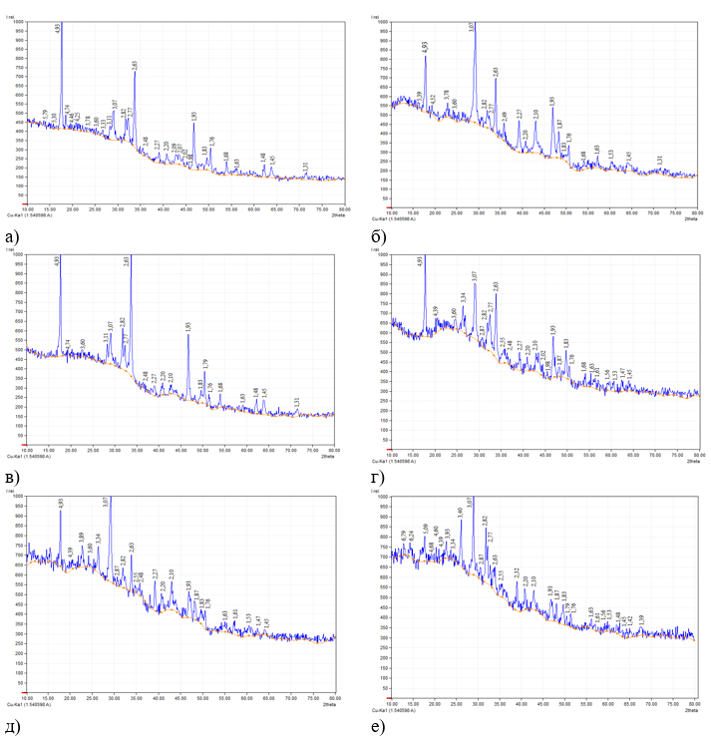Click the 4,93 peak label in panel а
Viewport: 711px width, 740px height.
click(59, 30)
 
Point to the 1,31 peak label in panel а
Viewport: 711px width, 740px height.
click(305, 167)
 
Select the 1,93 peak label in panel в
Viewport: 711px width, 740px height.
click(187, 326)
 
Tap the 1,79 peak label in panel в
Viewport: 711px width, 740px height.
click(204, 363)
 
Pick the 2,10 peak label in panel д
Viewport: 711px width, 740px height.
click(172, 574)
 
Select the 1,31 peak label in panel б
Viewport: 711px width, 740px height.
click(660, 160)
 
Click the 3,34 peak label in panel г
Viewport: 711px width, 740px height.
click(463, 297)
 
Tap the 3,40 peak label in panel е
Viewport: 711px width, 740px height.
click(459, 513)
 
